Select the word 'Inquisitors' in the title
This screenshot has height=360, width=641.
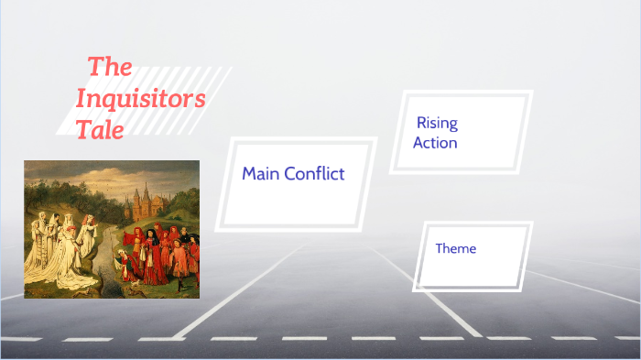coord(140,98)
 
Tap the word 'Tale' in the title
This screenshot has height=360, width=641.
coord(100,130)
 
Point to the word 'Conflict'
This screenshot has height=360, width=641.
coord(314,173)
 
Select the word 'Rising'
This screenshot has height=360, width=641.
coord(437,123)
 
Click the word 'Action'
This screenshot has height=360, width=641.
coord(435,143)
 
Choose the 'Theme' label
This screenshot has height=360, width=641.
coord(455,248)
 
